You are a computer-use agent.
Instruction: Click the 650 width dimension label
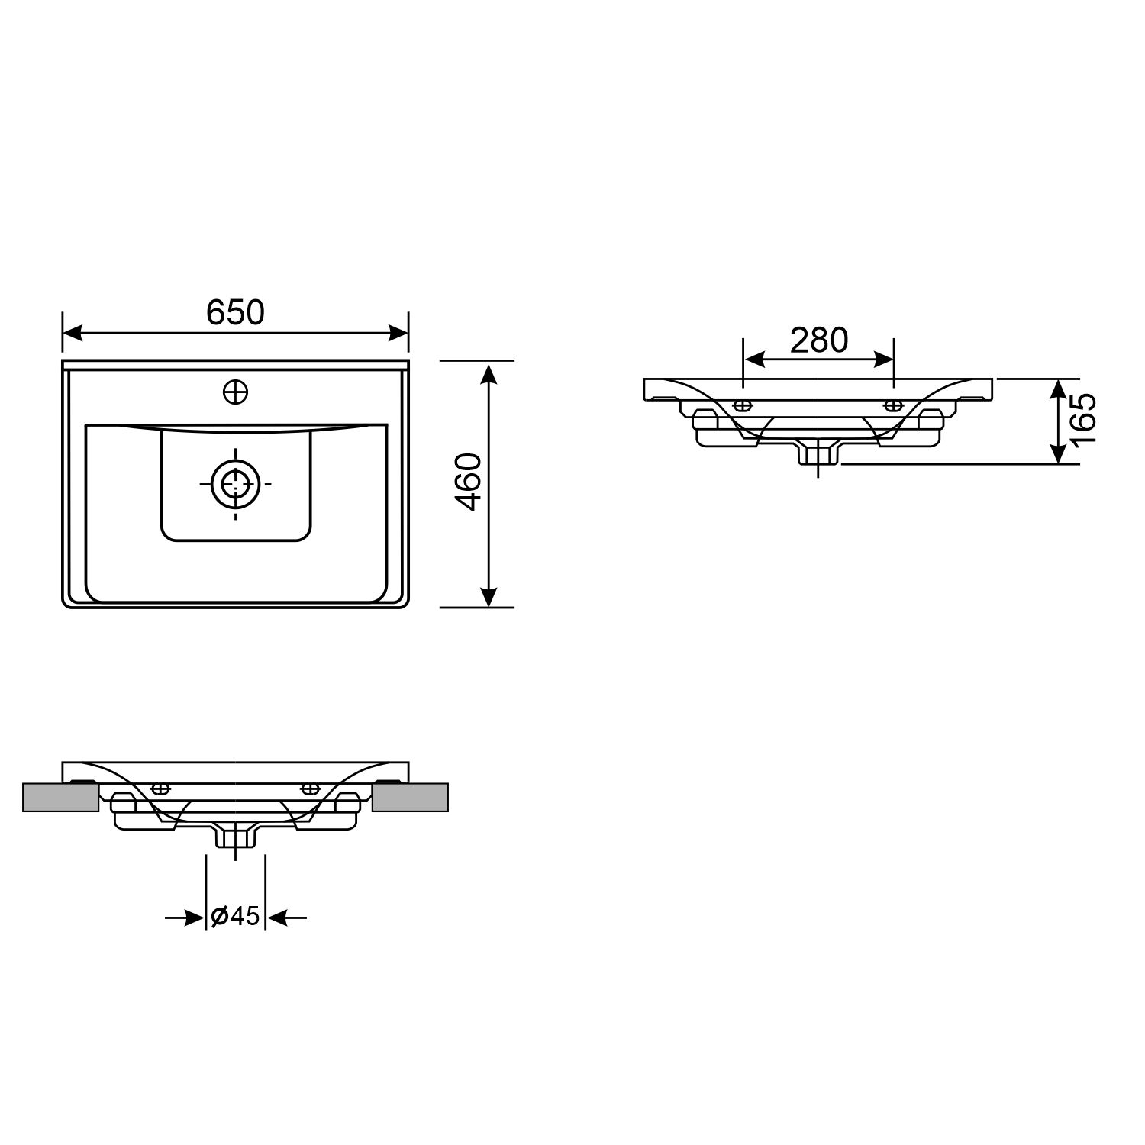pos(235,312)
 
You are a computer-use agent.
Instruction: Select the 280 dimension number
pos(819,340)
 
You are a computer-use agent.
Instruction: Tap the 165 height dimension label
pos(1083,421)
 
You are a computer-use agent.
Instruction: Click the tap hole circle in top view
pos(236,392)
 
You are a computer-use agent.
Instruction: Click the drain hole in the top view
pos(235,483)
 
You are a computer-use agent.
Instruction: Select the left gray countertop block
pos(61,797)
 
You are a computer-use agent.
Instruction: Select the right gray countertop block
pos(411,797)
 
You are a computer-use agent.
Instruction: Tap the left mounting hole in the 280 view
pos(742,405)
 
